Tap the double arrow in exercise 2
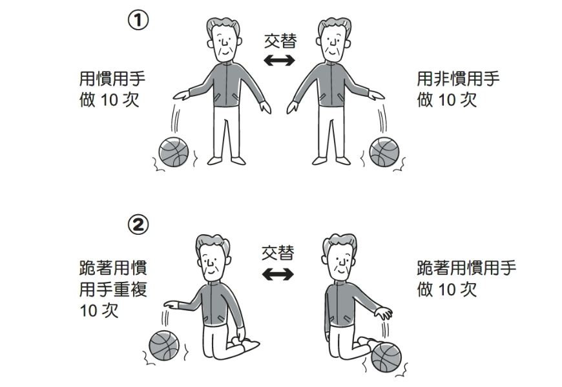tap(277, 274)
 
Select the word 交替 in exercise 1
tap(280, 41)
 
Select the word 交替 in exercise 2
tap(277, 253)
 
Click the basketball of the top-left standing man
tap(174, 152)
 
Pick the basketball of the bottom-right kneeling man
tap(386, 357)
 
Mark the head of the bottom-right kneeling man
tap(338, 256)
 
